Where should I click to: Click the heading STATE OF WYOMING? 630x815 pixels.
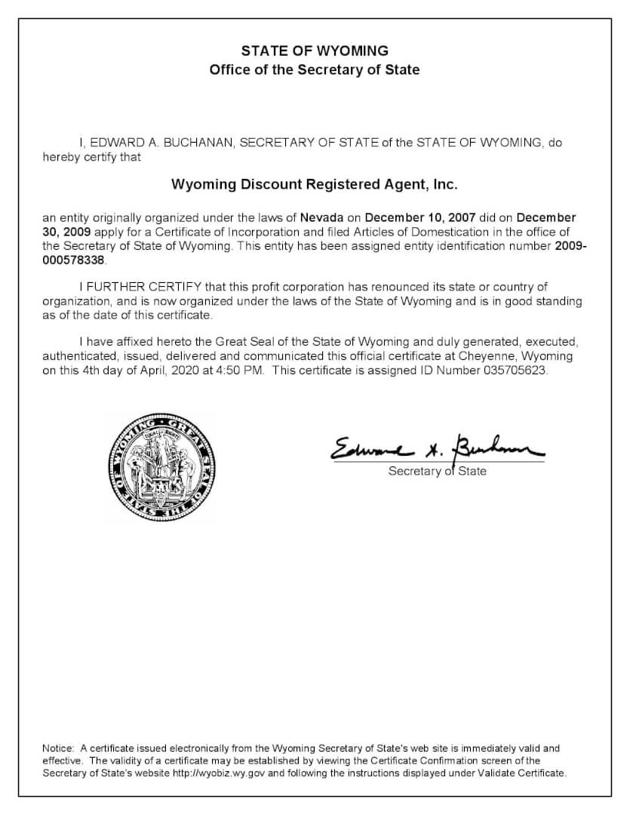click(315, 51)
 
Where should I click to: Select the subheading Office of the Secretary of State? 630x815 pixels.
click(315, 69)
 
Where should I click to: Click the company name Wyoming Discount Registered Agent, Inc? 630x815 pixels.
click(315, 183)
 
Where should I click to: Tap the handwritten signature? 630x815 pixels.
click(435, 450)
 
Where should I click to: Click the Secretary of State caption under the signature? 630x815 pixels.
click(437, 472)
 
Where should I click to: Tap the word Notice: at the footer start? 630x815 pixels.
click(58, 748)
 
